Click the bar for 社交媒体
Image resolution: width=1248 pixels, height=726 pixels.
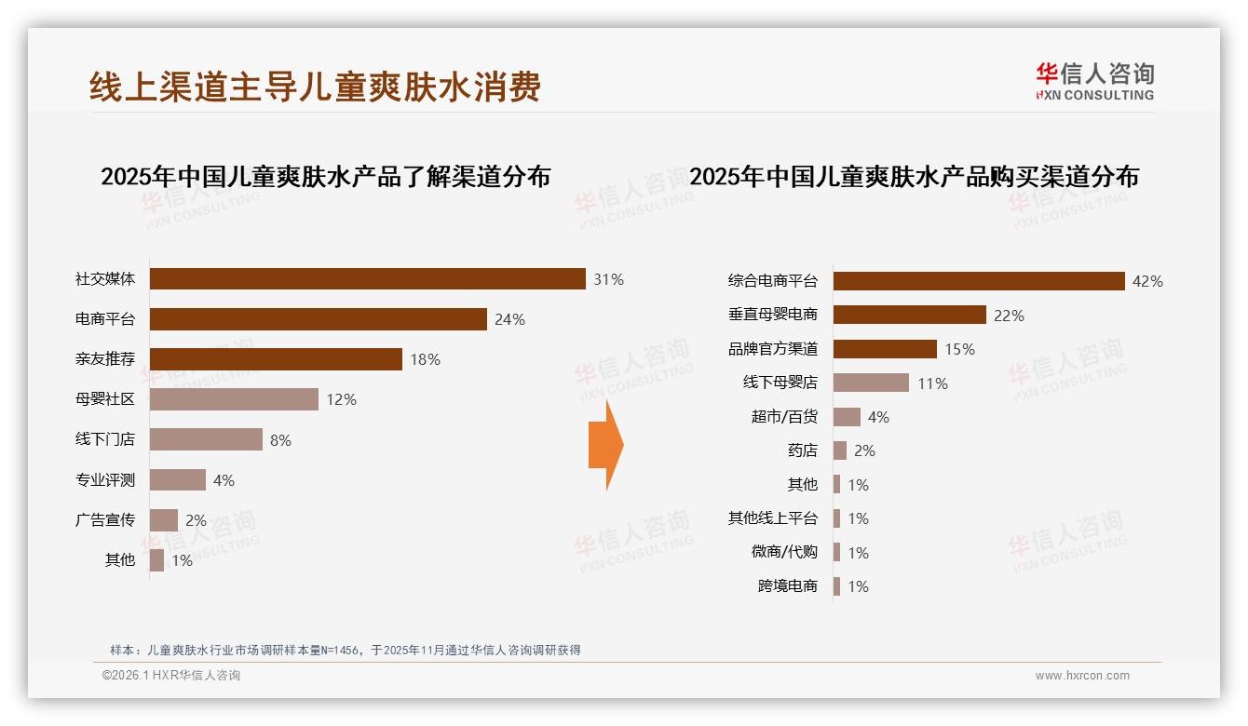[x=367, y=279]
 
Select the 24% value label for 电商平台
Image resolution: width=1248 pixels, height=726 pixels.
[x=509, y=319]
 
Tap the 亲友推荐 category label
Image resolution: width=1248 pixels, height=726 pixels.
[x=105, y=359]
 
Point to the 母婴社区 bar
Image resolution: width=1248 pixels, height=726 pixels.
[x=234, y=399]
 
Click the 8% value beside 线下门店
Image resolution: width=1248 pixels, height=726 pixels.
[x=280, y=440]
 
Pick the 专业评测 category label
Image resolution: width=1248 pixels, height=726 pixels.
[x=105, y=480]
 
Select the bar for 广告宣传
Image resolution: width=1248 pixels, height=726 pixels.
[x=164, y=520]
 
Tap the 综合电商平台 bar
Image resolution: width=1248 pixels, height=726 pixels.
[x=979, y=281]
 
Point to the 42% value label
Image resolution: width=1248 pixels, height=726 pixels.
[x=1147, y=281]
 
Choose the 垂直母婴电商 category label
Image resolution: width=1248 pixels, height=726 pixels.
[x=773, y=316]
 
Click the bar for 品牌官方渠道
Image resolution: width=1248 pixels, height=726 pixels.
[x=885, y=349]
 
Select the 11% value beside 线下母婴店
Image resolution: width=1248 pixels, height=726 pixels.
[x=932, y=383]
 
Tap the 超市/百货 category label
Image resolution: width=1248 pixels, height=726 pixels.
[x=784, y=417]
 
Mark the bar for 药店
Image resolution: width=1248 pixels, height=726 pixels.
[x=840, y=450]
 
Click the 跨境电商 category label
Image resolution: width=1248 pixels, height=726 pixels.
[x=788, y=586]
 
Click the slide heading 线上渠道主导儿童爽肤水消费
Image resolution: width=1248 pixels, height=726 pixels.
[x=315, y=87]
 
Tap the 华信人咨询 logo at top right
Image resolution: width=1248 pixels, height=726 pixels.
[x=1094, y=81]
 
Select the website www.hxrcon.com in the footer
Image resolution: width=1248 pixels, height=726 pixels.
[x=1082, y=676]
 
